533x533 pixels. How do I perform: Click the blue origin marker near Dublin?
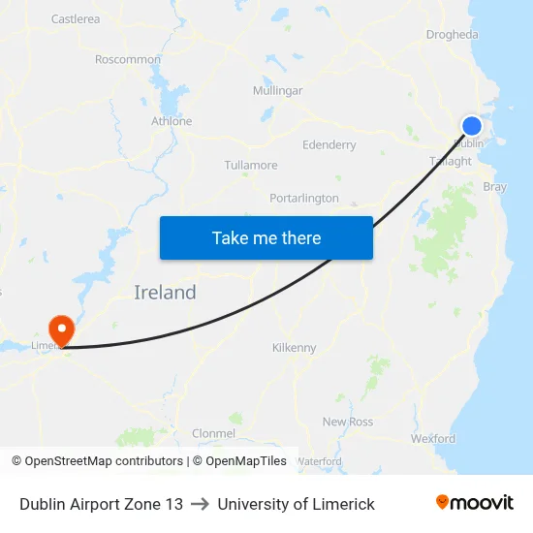point(472,126)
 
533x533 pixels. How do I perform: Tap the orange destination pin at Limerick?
point(61,329)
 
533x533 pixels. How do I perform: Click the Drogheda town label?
point(452,35)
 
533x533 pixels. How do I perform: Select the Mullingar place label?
point(277,90)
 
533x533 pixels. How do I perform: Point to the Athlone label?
point(172,121)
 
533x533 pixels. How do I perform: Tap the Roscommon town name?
point(128,59)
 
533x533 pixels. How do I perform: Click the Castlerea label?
point(76,18)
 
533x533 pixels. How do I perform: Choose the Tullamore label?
point(251,165)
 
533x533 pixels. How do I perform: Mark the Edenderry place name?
point(329,144)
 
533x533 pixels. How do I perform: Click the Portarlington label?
point(304,198)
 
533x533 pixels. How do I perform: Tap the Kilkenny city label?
point(294,347)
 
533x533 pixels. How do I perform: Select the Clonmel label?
point(214,432)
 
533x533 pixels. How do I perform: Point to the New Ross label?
point(348,422)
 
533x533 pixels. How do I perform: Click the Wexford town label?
point(432,438)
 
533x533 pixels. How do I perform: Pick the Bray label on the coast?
point(494,186)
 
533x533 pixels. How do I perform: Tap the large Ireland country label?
point(165,292)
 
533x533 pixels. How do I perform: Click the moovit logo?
point(475,503)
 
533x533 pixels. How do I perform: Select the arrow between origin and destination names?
point(200,504)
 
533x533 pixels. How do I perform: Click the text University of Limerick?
point(296,504)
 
